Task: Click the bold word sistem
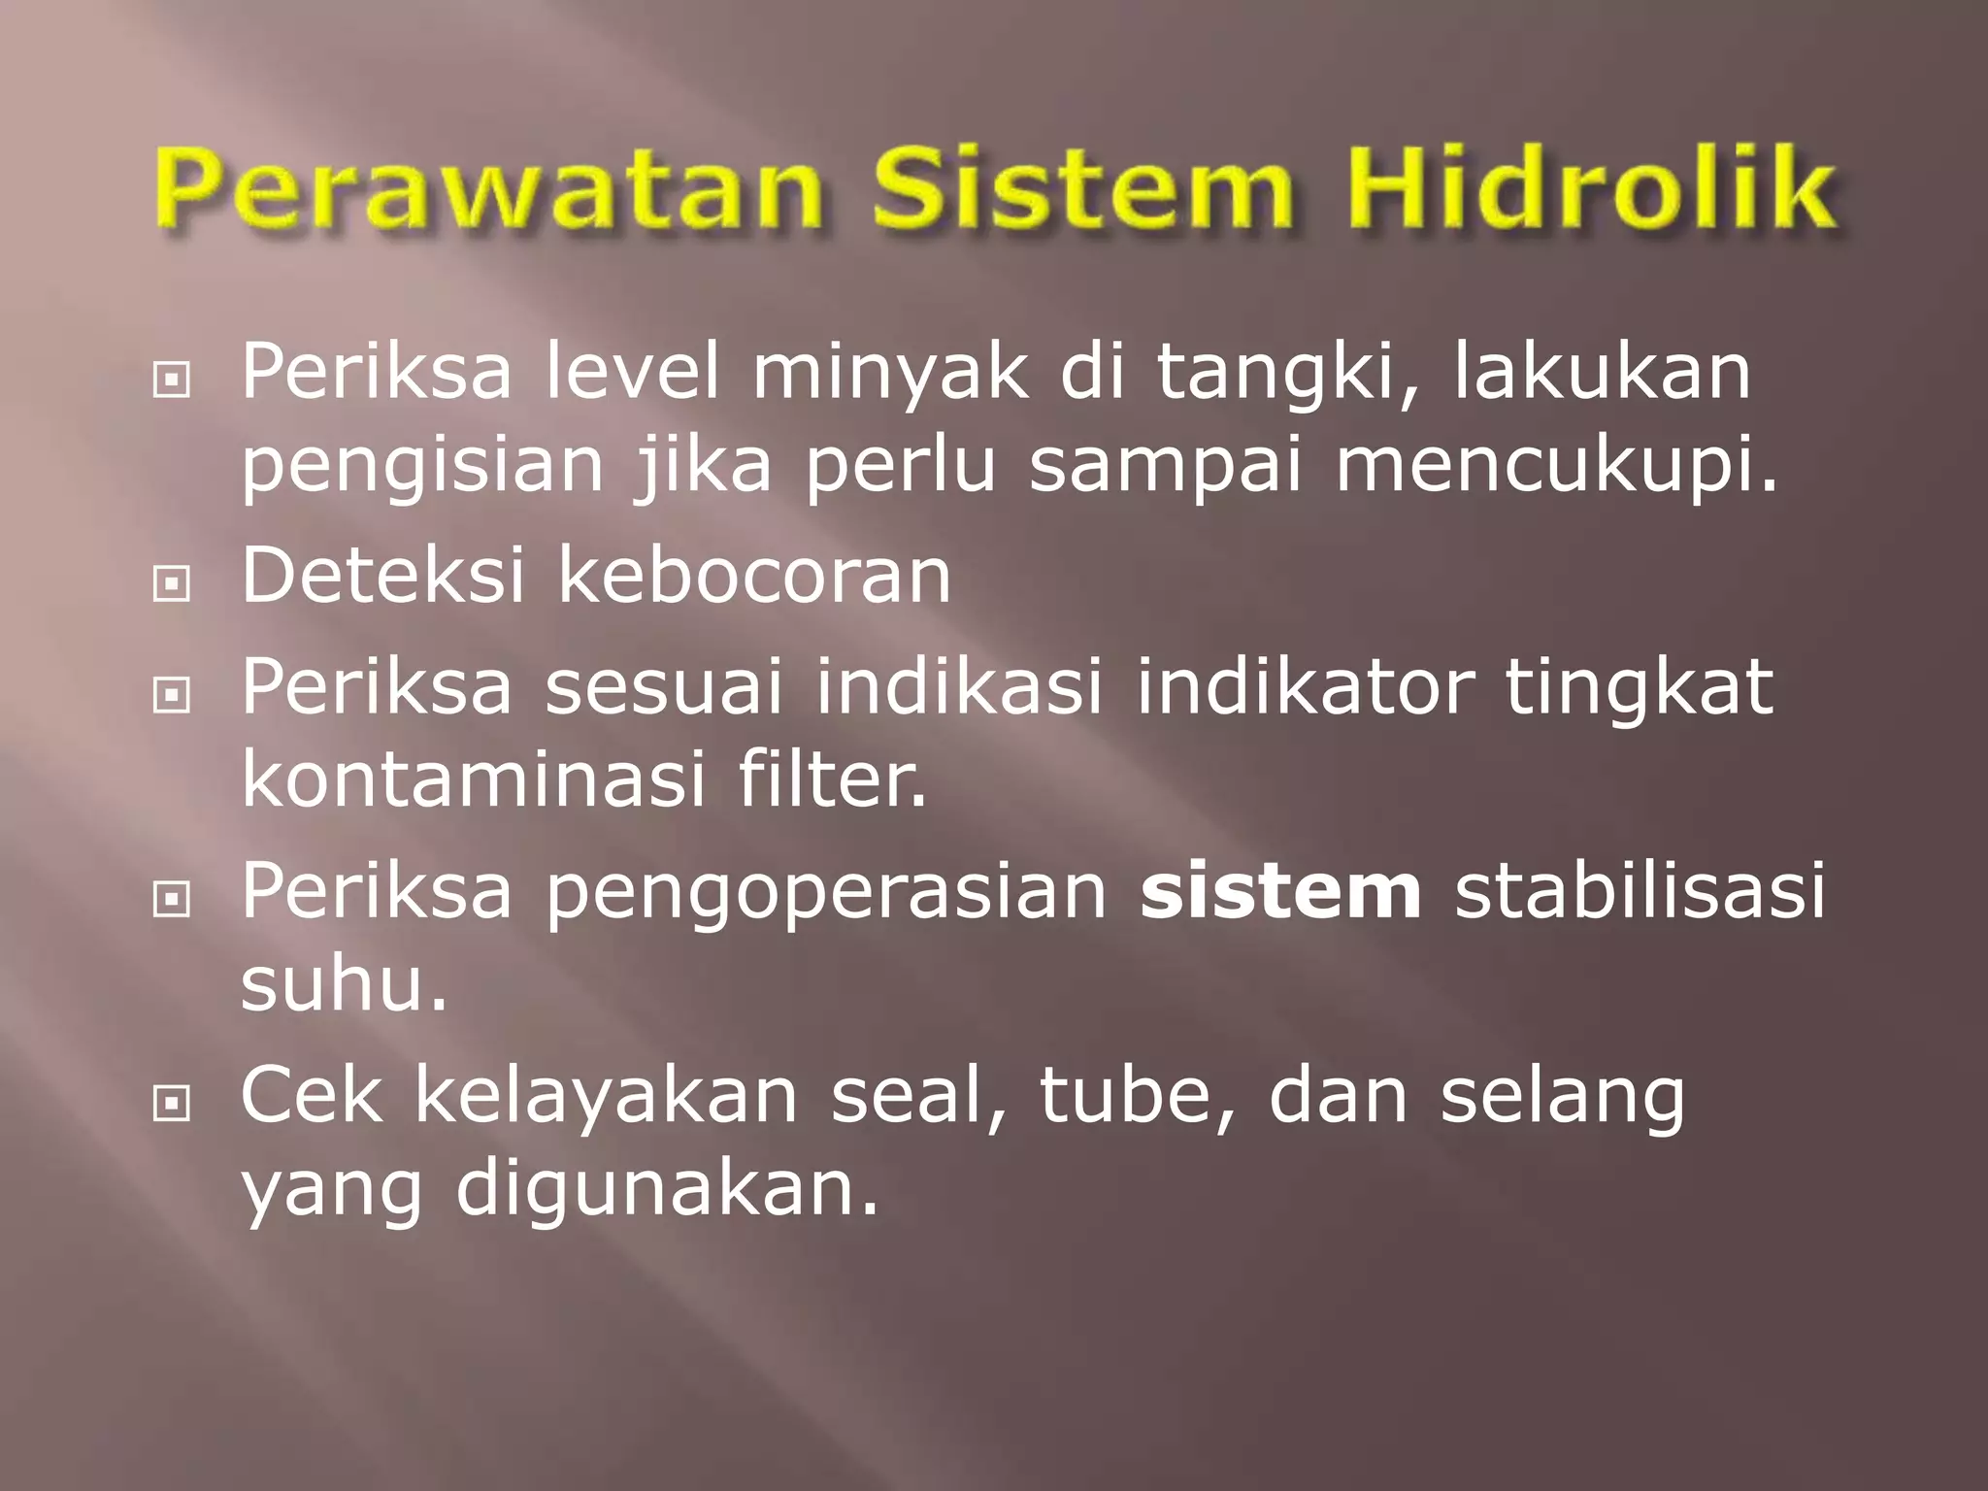1280,890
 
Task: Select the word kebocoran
754,576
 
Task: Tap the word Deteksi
382,576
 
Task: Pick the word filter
832,779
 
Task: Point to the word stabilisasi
1640,890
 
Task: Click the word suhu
344,985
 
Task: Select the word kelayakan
607,1096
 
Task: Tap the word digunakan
667,1191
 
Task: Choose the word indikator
1305,686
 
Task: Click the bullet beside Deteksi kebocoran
171,583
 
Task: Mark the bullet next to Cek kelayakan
171,1103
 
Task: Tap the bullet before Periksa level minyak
171,381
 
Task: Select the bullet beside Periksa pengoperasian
171,899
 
